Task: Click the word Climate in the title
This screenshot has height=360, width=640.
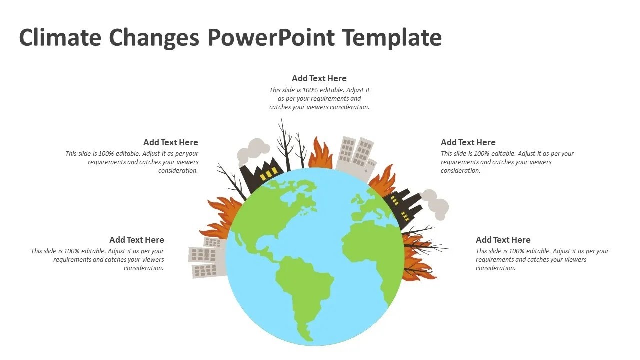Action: click(x=59, y=38)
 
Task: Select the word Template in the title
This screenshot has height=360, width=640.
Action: click(x=392, y=38)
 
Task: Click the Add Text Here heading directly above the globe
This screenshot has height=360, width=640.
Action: click(x=319, y=78)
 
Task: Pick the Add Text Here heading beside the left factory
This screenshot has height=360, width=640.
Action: click(x=170, y=142)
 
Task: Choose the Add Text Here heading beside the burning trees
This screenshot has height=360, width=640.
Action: click(x=503, y=240)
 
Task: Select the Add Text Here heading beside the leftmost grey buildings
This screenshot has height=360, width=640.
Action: click(x=136, y=240)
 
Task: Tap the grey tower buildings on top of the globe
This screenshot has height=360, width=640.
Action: click(x=356, y=154)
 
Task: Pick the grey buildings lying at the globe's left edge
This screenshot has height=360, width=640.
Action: click(x=206, y=258)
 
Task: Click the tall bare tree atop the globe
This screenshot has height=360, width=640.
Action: click(x=285, y=145)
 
